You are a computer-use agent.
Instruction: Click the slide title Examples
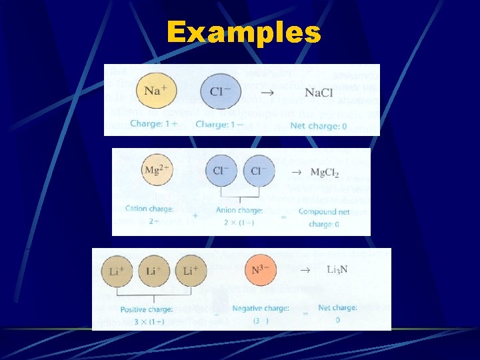pos(244,31)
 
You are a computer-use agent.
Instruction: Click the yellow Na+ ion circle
pos(156,91)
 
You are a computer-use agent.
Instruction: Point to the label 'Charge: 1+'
pos(155,124)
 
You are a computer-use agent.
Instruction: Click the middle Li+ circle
pos(153,271)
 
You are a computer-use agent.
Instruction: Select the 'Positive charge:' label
pos(147,309)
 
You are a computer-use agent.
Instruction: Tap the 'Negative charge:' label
pos(260,308)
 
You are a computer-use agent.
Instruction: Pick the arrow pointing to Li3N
pos(304,271)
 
